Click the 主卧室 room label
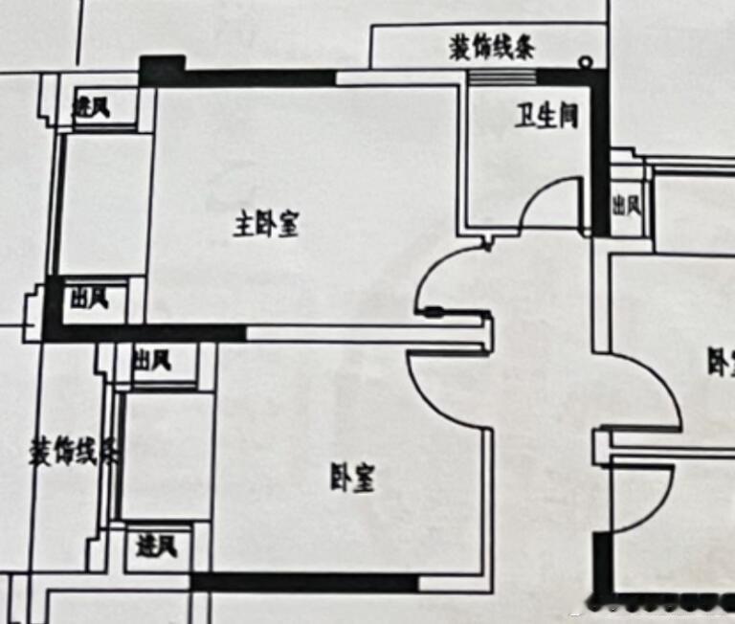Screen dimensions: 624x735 point(267,226)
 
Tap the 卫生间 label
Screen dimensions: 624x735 point(547,117)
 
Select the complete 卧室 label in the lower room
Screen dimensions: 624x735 point(352,478)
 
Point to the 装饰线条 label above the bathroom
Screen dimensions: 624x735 point(492,47)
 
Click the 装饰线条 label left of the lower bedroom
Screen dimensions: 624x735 point(73,450)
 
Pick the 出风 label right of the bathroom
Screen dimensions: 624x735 point(626,204)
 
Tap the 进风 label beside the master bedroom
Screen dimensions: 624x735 point(92,107)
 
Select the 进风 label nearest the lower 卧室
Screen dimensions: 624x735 point(156,546)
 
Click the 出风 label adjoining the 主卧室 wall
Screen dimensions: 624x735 point(89,300)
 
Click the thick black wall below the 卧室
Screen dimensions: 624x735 point(304,582)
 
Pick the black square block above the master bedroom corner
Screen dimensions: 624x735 point(162,71)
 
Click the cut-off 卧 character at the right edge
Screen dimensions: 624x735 point(720,363)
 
